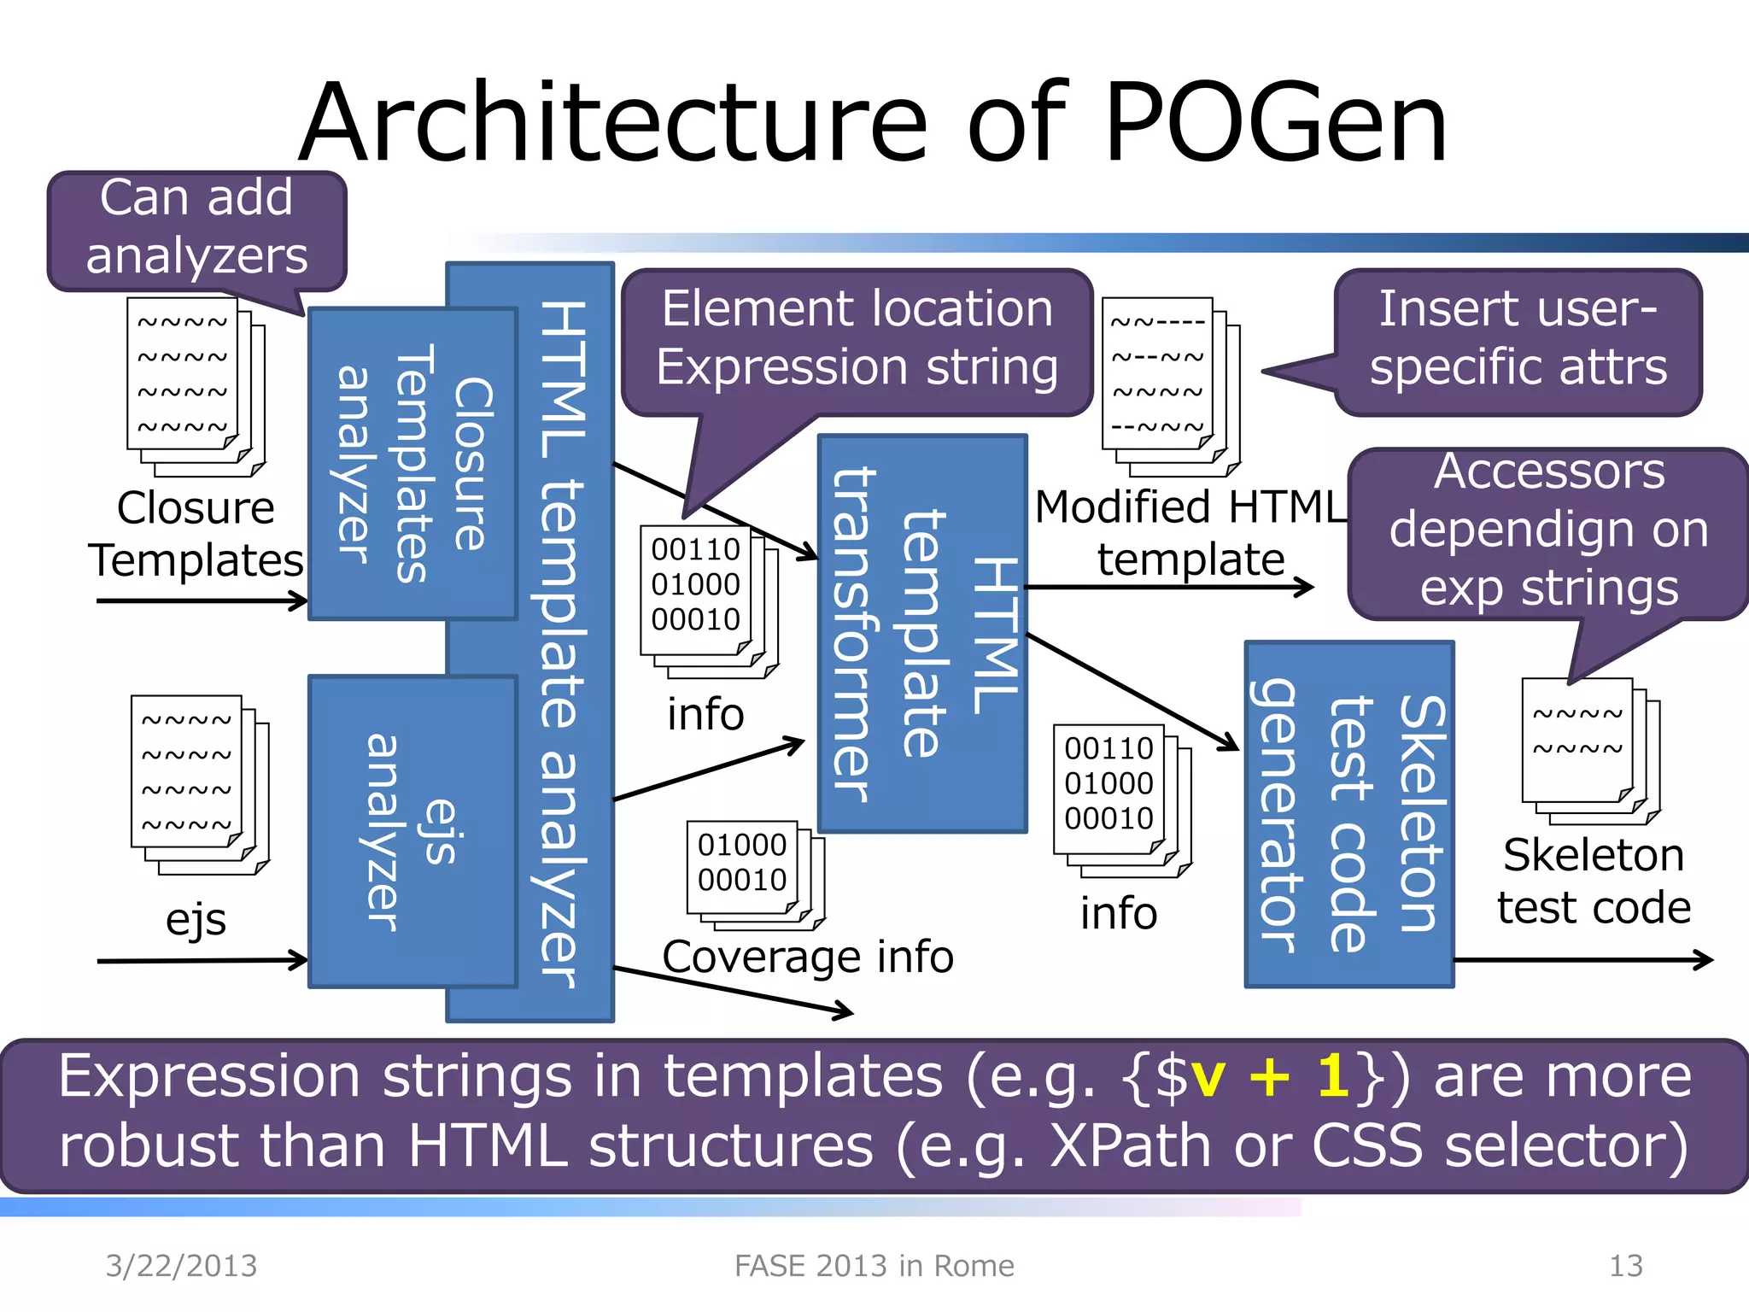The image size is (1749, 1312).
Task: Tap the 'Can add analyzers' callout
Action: coord(196,228)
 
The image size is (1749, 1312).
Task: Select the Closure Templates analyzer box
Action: coord(412,463)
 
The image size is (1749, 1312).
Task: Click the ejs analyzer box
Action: coord(412,831)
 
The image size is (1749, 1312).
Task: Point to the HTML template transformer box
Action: coord(921,633)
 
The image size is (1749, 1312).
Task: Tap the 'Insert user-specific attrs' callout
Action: coord(1518,339)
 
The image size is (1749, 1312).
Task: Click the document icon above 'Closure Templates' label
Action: coord(196,386)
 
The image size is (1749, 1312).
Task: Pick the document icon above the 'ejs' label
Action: coord(199,784)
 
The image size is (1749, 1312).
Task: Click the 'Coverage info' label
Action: coord(807,957)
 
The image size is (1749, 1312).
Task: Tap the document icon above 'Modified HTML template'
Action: coord(1170,386)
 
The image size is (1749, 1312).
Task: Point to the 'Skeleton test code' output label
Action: coord(1593,881)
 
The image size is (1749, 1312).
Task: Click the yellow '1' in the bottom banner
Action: coord(1332,1075)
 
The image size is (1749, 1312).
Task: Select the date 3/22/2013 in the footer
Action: coord(181,1265)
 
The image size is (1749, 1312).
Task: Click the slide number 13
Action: coord(1625,1265)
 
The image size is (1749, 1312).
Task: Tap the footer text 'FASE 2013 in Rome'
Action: coord(874,1265)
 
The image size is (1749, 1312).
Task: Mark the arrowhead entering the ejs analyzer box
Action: coord(299,960)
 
